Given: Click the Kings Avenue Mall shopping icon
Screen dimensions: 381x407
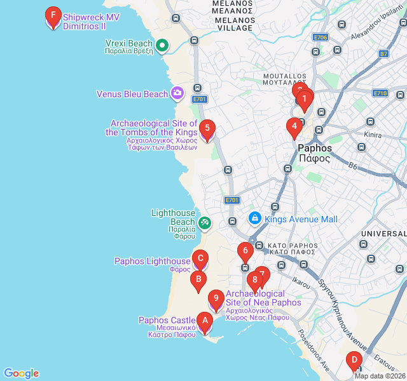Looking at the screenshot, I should click(x=254, y=218).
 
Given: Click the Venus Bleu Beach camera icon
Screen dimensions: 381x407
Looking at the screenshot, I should click(x=177, y=94).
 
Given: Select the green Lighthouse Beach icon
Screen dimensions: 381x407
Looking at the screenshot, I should click(x=204, y=222).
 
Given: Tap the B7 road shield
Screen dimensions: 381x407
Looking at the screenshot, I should click(x=383, y=54).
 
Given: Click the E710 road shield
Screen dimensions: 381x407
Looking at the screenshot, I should click(x=380, y=93).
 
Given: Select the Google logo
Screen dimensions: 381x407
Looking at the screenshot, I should click(x=21, y=373).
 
